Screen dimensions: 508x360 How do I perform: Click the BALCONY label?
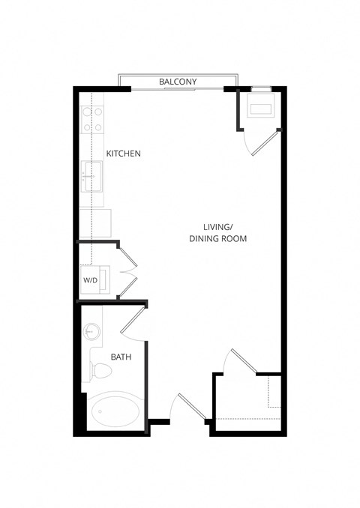click(x=178, y=82)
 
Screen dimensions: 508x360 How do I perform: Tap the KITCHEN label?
click(x=124, y=154)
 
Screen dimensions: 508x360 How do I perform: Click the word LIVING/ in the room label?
click(x=217, y=226)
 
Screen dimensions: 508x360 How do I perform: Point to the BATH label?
click(x=121, y=357)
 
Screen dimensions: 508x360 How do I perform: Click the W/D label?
click(x=91, y=280)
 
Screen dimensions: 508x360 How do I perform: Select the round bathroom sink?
click(x=93, y=331)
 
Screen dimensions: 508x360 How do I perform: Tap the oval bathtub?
click(x=116, y=411)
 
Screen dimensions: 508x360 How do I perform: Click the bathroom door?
click(x=132, y=317)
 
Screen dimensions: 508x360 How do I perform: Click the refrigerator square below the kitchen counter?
click(x=101, y=223)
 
